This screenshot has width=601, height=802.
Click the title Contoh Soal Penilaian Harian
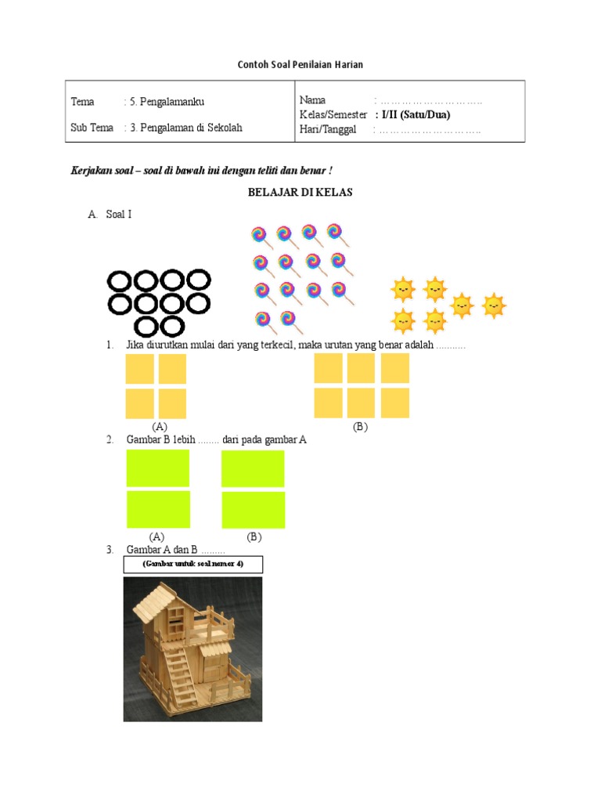click(x=300, y=63)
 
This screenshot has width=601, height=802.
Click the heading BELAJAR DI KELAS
click(x=300, y=193)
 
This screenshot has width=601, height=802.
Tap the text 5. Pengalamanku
click(x=167, y=102)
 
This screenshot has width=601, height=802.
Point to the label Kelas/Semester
click(x=333, y=114)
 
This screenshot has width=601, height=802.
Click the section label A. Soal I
click(x=110, y=214)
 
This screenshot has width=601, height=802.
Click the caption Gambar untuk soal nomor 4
click(x=193, y=564)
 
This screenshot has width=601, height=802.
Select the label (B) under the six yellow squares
click(x=360, y=427)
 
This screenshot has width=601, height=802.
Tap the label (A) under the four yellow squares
click(x=160, y=427)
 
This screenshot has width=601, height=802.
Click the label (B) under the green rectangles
click(x=254, y=536)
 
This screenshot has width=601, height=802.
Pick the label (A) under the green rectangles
click(x=157, y=536)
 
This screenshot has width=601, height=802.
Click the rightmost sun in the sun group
click(x=494, y=305)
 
